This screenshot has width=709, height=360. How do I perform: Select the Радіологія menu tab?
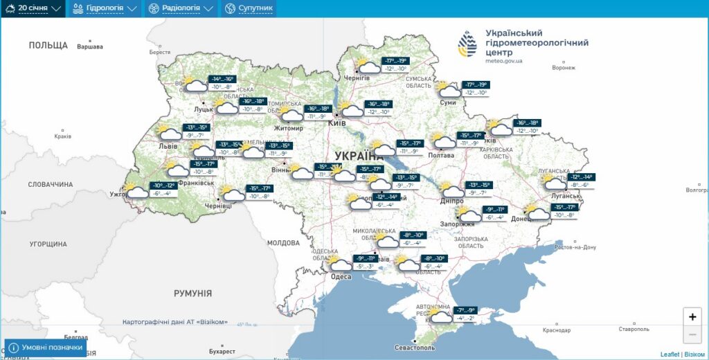click(181, 8)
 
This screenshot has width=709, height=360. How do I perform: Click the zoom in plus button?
click(692, 316)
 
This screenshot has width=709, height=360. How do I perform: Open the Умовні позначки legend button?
click(46, 348)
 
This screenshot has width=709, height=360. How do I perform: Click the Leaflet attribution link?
click(670, 354)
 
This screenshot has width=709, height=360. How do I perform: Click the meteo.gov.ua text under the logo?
click(504, 61)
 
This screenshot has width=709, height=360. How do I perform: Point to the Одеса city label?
click(341, 277)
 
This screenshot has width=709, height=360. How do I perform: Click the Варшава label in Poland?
click(89, 47)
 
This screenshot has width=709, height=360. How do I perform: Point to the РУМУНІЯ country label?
click(192, 294)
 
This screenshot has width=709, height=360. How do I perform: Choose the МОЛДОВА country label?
click(283, 243)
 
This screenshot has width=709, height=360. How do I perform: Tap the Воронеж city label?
click(564, 68)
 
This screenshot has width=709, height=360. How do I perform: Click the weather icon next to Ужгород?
click(137, 191)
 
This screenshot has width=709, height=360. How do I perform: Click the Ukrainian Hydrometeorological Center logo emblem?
click(467, 44)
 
